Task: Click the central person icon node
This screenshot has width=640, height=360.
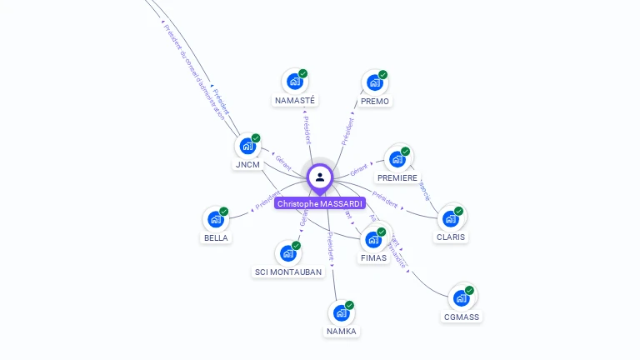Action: click(x=320, y=177)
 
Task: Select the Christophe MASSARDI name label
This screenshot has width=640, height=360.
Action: click(x=320, y=203)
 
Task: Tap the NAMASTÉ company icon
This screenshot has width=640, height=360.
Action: click(x=294, y=81)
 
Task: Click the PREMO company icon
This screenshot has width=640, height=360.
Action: click(x=374, y=82)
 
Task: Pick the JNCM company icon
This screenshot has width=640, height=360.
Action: click(x=247, y=146)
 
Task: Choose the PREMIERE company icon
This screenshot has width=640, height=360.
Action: click(x=397, y=158)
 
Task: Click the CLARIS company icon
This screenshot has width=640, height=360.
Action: click(x=450, y=218)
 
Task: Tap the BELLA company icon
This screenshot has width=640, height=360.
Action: click(x=215, y=219)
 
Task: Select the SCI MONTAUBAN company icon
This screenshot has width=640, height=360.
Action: click(x=287, y=252)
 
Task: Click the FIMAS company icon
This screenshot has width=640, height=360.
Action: click(x=372, y=239)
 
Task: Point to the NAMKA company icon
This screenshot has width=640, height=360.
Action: click(x=341, y=312)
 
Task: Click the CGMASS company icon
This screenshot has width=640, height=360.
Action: click(x=461, y=297)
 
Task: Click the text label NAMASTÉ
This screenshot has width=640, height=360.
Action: click(x=295, y=101)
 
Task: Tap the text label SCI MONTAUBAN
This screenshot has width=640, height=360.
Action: click(x=288, y=272)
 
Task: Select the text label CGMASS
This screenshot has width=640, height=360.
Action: click(x=462, y=317)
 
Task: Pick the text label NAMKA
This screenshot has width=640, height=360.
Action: click(x=341, y=332)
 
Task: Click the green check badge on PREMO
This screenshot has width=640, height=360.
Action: click(x=383, y=74)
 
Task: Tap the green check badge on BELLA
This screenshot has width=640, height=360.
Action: click(x=223, y=212)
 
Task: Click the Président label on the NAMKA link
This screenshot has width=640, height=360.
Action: click(x=331, y=247)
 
